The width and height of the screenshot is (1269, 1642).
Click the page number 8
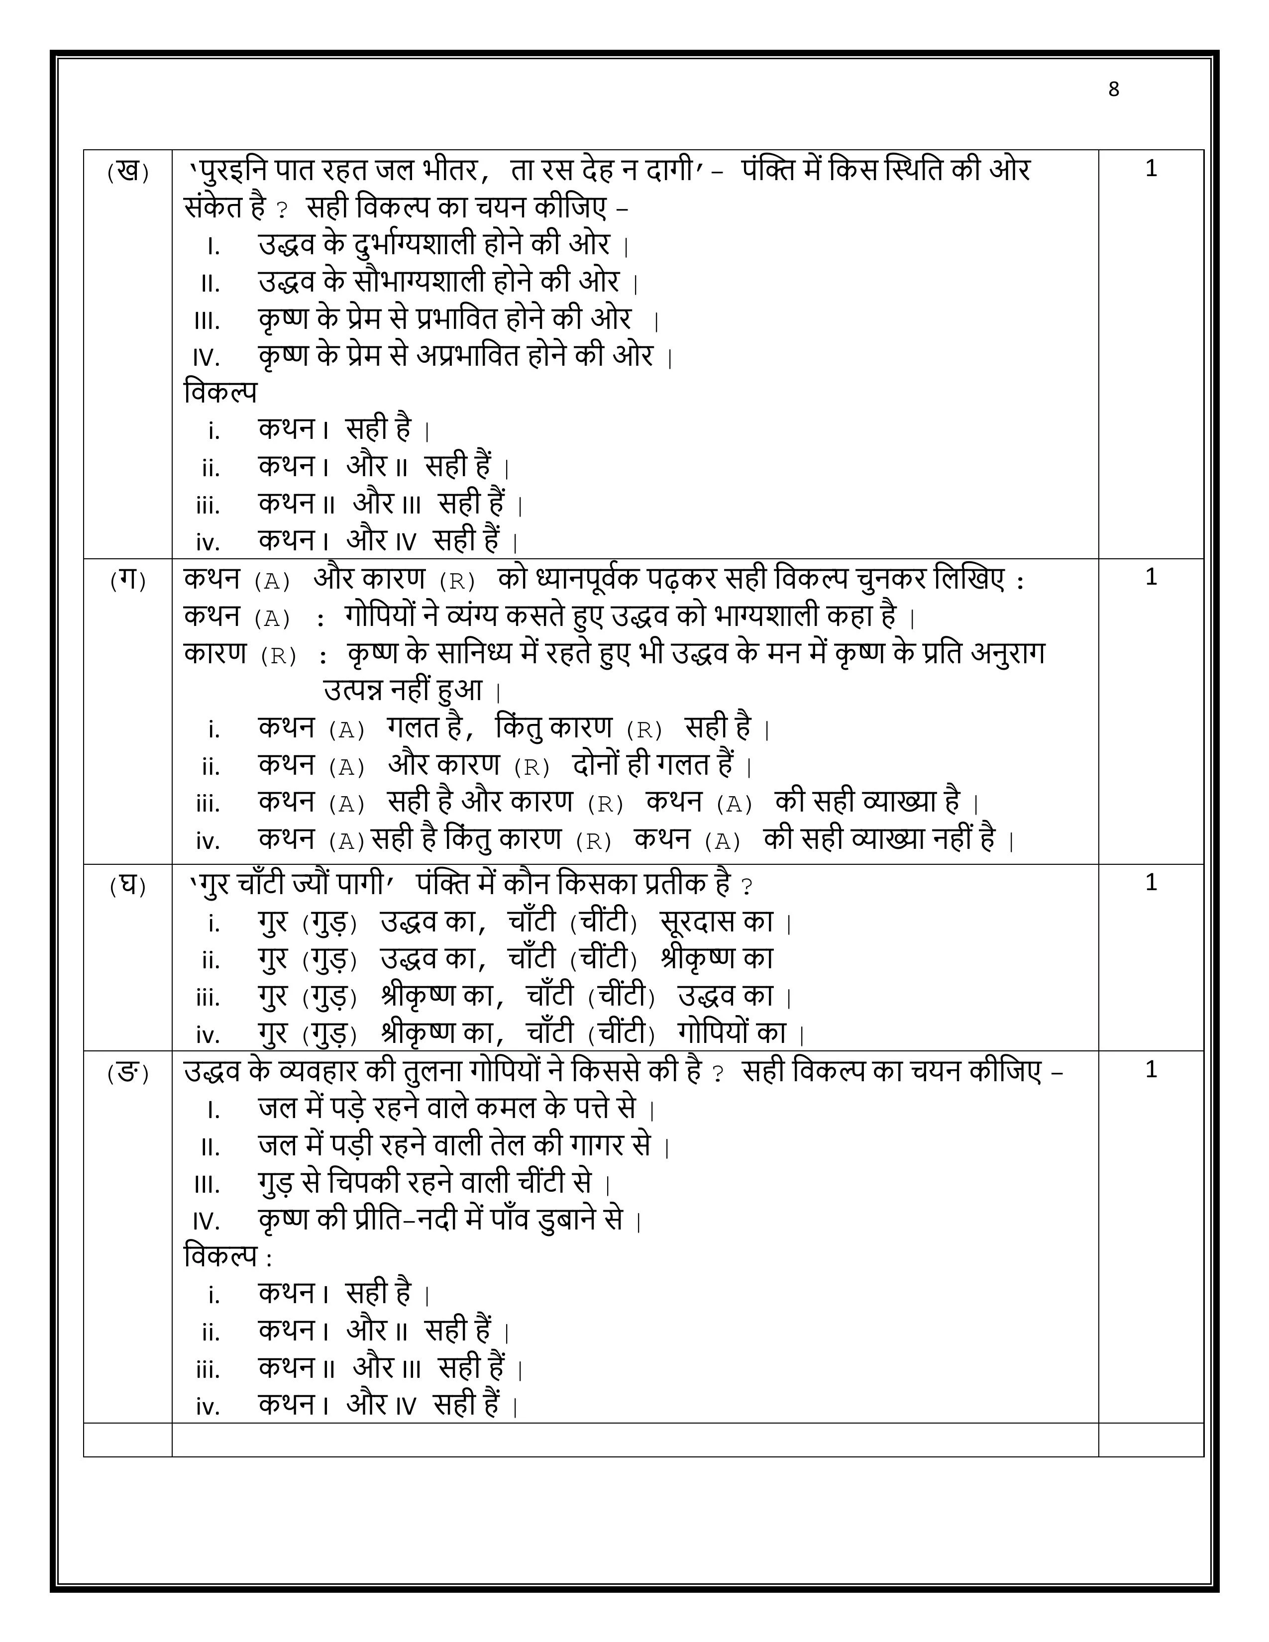pyautogui.click(x=1113, y=90)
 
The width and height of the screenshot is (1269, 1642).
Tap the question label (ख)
pyautogui.click(x=128, y=172)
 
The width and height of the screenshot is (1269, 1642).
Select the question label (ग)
pyautogui.click(x=128, y=580)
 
